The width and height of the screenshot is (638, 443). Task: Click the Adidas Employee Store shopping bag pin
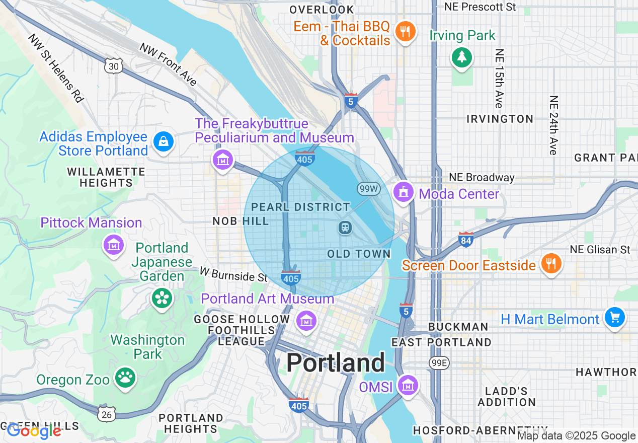point(164,141)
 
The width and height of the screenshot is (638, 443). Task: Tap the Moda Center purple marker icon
point(403,192)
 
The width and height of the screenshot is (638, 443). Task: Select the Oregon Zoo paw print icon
point(125,378)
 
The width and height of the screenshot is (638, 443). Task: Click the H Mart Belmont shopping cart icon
point(614,318)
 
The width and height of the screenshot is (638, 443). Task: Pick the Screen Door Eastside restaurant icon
point(551,263)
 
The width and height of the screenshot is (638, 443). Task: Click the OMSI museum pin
point(408,386)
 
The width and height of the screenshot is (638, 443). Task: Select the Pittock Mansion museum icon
point(114,245)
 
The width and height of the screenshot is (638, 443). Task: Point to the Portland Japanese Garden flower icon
point(162,299)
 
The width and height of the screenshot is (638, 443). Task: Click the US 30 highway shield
point(114,66)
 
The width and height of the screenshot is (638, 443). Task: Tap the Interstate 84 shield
point(466,240)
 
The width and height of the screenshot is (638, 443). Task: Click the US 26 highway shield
point(107,413)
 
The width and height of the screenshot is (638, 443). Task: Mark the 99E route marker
point(439,362)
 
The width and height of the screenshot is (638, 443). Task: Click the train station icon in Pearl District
point(345,228)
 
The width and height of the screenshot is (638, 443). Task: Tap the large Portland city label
point(336,362)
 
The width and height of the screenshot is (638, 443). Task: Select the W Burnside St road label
point(233,275)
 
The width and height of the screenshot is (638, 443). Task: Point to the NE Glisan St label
point(600,250)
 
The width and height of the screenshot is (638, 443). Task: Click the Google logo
point(34,431)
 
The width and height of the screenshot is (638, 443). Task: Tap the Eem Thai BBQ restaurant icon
point(405,32)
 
